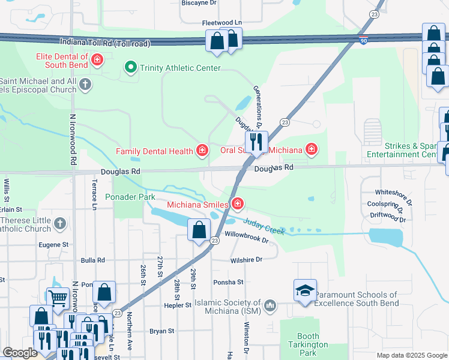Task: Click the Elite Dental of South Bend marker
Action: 97,60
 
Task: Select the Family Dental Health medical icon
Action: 202,150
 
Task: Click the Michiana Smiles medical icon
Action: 238,205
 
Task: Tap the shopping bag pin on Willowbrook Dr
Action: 199,230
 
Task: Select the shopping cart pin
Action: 58,296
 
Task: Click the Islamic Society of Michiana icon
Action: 270,305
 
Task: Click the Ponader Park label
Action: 130,197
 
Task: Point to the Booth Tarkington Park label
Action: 308,344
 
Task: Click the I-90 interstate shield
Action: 364,41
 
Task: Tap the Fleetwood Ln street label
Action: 221,23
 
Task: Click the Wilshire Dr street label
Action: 247,260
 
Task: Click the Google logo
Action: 20,353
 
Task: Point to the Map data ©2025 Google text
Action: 411,355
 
